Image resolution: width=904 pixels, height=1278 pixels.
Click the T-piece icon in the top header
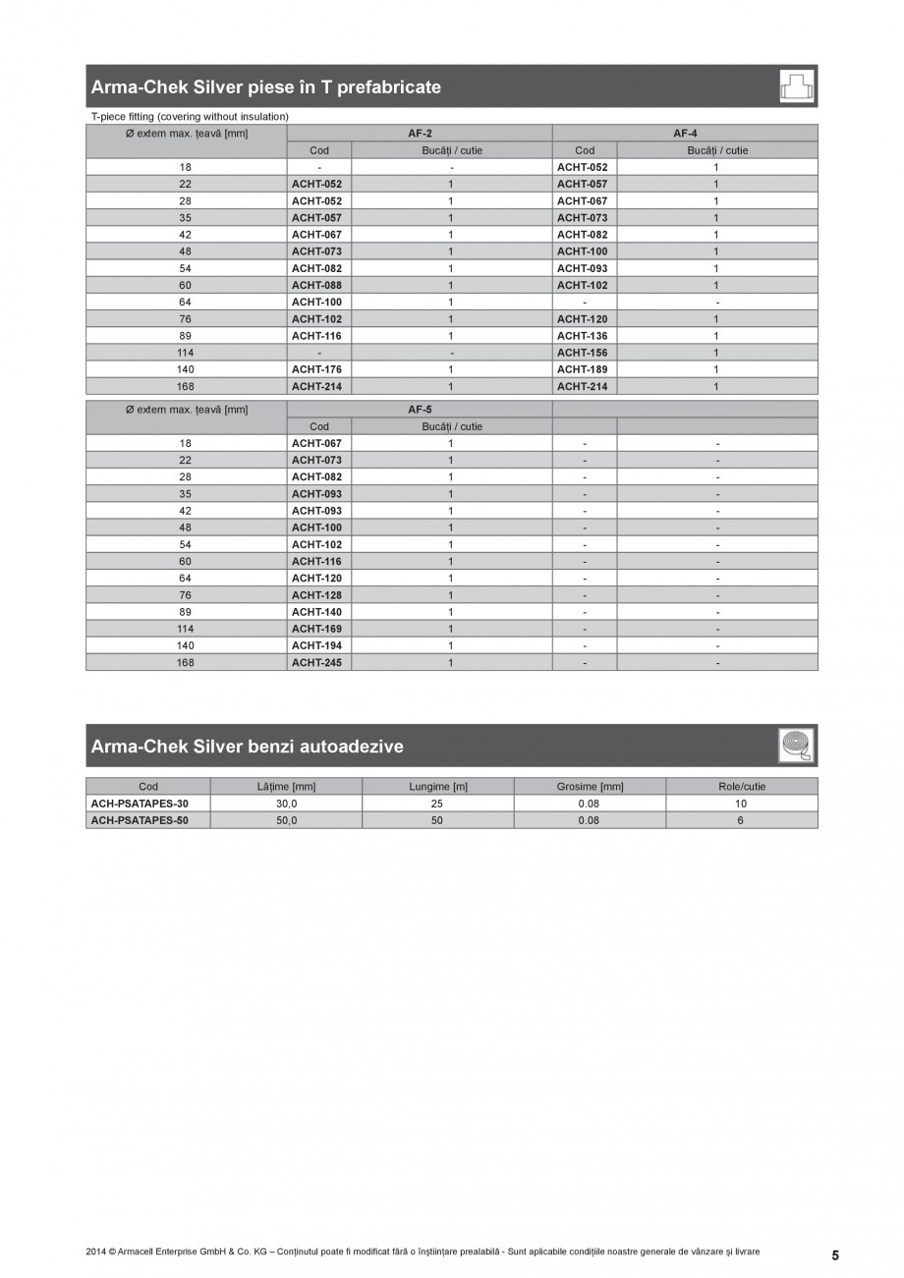click(797, 86)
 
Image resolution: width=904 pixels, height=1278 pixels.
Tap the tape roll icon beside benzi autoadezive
click(797, 746)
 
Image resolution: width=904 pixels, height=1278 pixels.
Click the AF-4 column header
click(685, 134)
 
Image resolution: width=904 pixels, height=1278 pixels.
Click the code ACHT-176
click(316, 369)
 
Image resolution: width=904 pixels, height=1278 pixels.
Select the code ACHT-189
click(582, 369)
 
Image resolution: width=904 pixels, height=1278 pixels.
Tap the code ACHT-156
click(582, 353)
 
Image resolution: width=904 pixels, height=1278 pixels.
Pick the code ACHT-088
click(316, 285)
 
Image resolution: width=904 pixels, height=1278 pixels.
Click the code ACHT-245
click(316, 662)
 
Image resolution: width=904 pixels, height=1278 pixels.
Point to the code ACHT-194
click(316, 645)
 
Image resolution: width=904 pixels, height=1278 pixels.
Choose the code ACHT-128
click(316, 595)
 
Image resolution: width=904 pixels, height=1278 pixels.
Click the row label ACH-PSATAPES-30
click(140, 804)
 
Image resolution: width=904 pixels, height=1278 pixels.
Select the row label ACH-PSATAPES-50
click(140, 820)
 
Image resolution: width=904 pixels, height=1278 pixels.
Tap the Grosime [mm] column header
click(590, 787)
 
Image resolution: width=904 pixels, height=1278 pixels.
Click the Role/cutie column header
click(741, 787)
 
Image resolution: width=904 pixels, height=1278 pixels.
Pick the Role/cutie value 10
click(741, 804)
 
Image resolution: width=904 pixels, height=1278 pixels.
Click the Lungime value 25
click(437, 804)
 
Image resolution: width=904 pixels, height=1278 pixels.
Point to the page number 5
click(835, 1255)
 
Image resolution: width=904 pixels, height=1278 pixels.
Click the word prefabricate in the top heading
click(387, 87)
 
